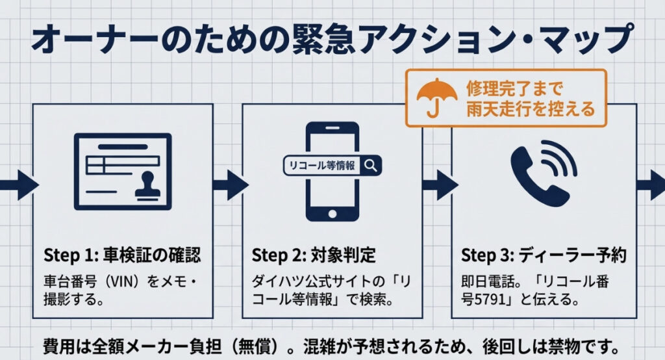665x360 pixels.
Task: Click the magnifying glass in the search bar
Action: tap(371, 165)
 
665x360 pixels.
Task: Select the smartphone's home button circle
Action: tap(332, 214)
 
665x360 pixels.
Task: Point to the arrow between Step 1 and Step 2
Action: tap(229, 185)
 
